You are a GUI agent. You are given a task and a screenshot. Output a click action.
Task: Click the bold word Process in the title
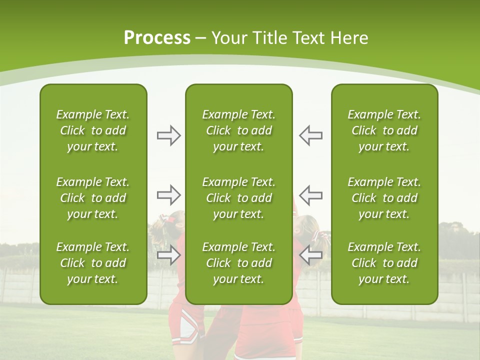click(x=157, y=38)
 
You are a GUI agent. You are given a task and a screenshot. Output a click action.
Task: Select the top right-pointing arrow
click(x=168, y=135)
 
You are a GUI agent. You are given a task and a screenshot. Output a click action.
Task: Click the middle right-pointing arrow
click(x=168, y=194)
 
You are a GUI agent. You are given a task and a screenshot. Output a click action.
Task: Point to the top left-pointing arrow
click(x=310, y=135)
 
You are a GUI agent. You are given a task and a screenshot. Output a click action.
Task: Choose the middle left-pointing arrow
click(x=310, y=194)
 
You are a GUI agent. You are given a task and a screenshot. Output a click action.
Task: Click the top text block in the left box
click(x=93, y=130)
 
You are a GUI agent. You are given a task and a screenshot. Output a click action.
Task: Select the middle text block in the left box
click(x=93, y=198)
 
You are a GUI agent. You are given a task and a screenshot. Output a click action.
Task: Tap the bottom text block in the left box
click(x=93, y=263)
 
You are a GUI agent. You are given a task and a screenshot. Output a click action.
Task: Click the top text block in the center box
click(x=238, y=130)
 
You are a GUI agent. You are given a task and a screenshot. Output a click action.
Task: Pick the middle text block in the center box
click(x=238, y=198)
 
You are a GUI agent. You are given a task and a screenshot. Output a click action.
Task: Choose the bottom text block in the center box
click(x=238, y=263)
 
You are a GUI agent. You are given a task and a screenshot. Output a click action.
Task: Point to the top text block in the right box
click(x=384, y=130)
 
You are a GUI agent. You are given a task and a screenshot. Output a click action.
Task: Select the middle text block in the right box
click(x=384, y=198)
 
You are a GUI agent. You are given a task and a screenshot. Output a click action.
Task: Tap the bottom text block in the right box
click(x=384, y=263)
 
